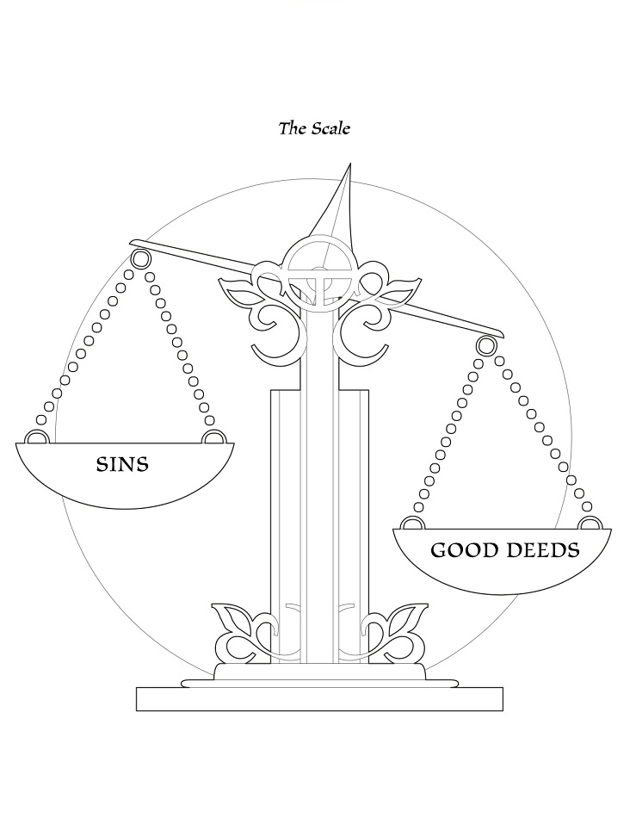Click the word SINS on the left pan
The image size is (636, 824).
click(121, 465)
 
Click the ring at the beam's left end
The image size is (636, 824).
click(139, 257)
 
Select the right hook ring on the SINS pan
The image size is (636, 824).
click(210, 438)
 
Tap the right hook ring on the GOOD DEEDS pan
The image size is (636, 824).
click(589, 523)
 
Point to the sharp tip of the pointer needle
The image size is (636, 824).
click(349, 165)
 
